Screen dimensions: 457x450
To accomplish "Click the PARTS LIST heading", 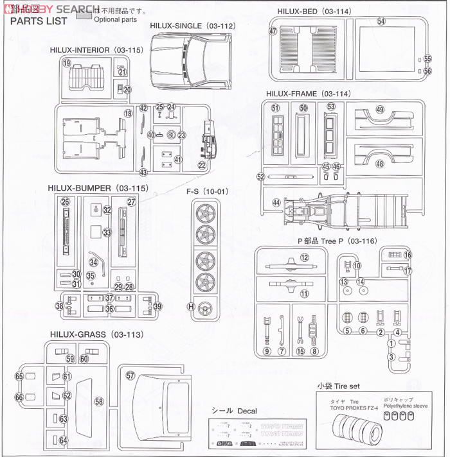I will coord(39,21).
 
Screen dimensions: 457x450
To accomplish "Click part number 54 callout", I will coord(381,22).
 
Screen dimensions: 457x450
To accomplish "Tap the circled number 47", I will coord(274,31).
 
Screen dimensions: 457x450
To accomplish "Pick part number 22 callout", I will coord(202,166).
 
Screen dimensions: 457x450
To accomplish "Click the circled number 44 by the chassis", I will coord(276,202).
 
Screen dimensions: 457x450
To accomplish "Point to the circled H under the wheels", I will coord(191,306).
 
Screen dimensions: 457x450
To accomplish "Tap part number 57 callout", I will coord(130,375).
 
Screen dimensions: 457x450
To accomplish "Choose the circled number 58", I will coord(98,402).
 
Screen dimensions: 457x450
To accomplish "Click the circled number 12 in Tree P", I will coord(305,258).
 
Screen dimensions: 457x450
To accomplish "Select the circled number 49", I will coord(380,110).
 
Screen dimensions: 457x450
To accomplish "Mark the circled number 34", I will coord(94,262).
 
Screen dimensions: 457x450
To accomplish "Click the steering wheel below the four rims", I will coord(205,306).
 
